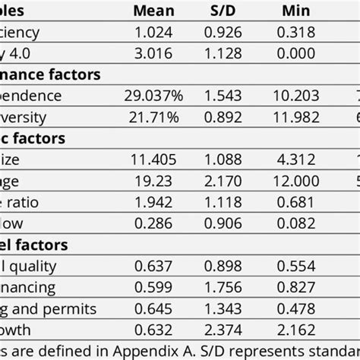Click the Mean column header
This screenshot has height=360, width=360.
pos(153,11)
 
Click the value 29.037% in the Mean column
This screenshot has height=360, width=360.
pos(150,96)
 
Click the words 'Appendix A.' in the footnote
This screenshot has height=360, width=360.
pos(166,352)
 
